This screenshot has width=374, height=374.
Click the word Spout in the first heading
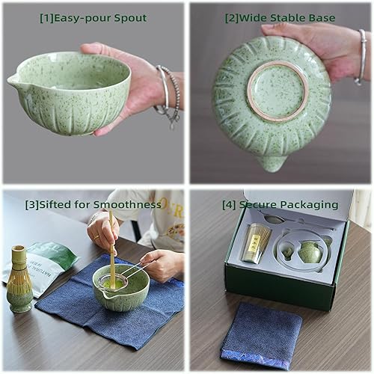tap(128, 18)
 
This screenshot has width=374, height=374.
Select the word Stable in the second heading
tap(292, 18)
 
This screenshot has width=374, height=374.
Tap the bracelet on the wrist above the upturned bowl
tap(362, 56)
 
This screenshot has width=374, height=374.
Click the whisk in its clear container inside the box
tap(256, 242)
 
